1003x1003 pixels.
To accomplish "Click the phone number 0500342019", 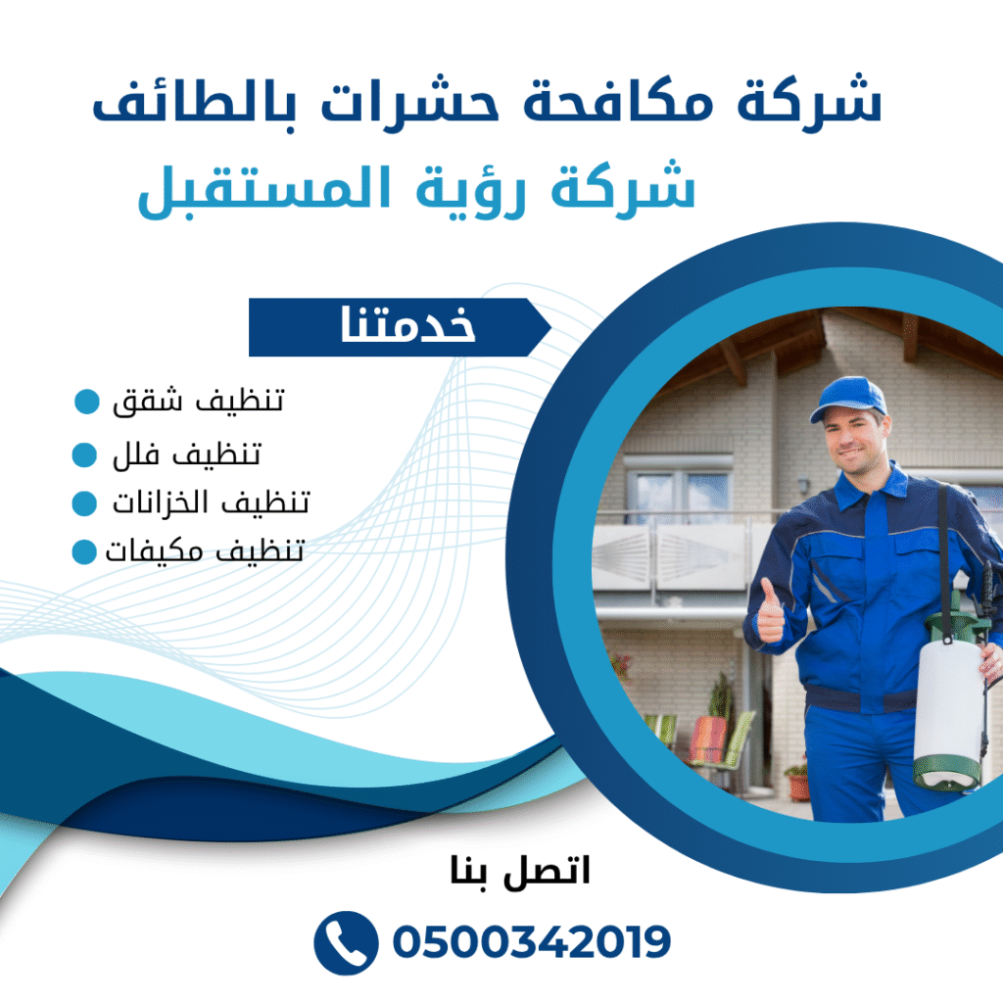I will (x=531, y=942).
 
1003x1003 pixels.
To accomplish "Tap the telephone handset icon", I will (x=345, y=942).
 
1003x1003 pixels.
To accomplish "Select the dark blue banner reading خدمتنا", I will (x=398, y=327).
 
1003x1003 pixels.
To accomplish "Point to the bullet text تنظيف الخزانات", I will (x=210, y=503).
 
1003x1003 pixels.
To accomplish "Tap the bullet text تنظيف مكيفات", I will (x=205, y=551).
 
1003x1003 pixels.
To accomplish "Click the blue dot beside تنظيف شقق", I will (x=87, y=402).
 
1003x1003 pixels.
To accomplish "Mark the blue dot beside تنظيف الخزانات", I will (x=85, y=503).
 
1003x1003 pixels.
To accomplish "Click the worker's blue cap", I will (x=849, y=397).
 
